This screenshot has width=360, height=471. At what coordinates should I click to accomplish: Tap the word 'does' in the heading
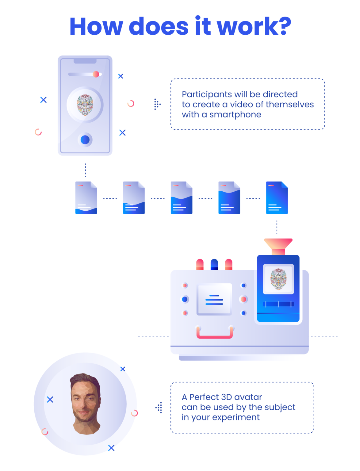158,26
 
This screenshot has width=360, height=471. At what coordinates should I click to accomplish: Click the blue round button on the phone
85,140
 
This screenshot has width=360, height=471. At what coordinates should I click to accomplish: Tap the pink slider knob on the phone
96,74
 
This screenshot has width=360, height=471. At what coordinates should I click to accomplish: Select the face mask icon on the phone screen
85,105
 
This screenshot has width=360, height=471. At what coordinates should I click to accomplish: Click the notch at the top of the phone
85,61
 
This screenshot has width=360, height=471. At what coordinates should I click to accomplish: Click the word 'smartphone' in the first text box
235,115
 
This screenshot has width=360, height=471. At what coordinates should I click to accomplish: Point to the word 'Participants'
207,94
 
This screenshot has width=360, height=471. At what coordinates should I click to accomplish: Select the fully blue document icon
277,197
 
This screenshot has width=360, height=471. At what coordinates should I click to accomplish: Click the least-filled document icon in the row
86,197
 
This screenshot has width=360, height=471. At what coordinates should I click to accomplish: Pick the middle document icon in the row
182,197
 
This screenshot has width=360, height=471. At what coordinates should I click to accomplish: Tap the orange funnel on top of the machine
278,247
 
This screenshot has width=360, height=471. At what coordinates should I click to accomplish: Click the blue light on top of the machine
214,264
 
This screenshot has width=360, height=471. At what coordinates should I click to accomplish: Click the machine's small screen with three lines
214,299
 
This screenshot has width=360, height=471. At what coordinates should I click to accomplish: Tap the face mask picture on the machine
278,279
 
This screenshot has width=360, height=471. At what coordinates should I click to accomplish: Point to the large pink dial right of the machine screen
243,299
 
